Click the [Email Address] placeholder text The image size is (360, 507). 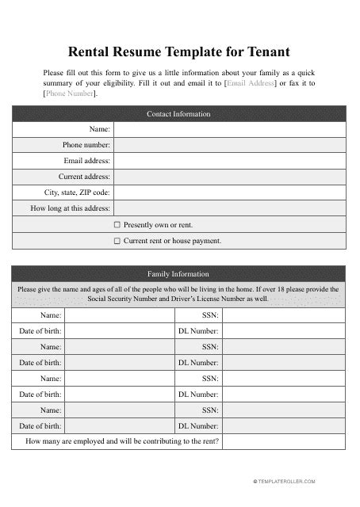(x=251, y=82)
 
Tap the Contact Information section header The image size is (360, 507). (x=178, y=114)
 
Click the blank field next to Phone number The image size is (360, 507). (x=230, y=145)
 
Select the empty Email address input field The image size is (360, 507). (x=230, y=161)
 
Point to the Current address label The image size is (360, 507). (x=84, y=177)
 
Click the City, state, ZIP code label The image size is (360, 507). (x=77, y=193)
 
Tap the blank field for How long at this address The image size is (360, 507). (x=230, y=208)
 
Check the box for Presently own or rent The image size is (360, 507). (x=117, y=225)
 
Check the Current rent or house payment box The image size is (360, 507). (x=117, y=241)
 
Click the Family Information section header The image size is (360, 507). (x=178, y=274)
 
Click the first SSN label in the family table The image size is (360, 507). (x=209, y=315)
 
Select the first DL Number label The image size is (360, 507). (x=198, y=330)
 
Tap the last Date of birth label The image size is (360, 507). (x=40, y=425)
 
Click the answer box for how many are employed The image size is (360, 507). (x=283, y=441)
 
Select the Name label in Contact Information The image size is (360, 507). (x=99, y=129)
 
